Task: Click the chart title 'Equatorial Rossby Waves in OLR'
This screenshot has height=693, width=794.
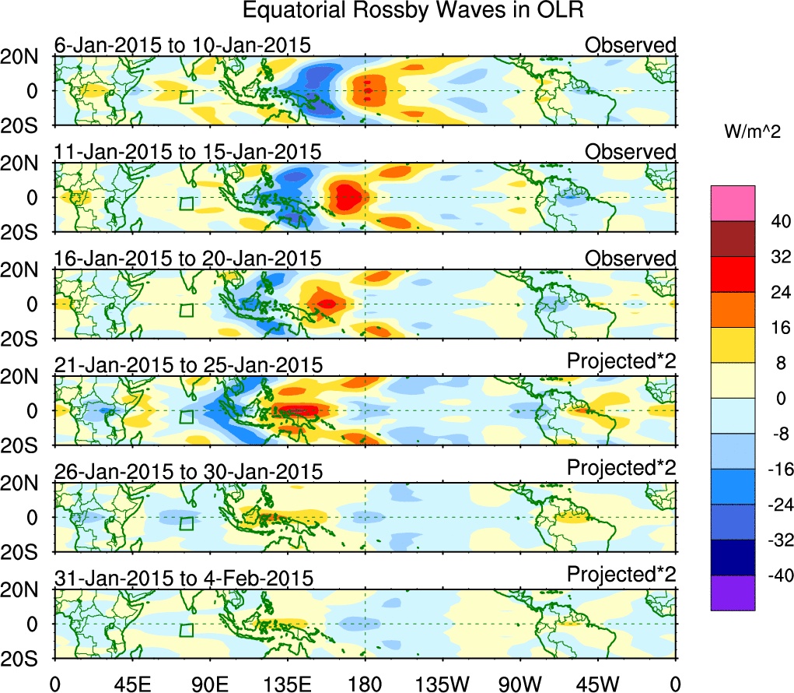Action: [412, 11]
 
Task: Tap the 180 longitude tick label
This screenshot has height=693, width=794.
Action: [366, 683]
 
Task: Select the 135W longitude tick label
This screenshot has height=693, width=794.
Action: [443, 683]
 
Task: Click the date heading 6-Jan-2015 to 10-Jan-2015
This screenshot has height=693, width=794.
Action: [183, 45]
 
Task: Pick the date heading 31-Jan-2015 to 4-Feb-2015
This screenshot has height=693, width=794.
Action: [184, 579]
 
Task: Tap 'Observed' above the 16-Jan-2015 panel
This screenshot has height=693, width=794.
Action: [631, 258]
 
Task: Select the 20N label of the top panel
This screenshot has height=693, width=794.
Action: [26, 56]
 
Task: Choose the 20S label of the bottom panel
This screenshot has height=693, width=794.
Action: [26, 659]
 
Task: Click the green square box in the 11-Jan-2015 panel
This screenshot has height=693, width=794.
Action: [186, 203]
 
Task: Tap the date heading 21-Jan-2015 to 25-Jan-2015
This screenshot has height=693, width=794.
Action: [188, 364]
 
